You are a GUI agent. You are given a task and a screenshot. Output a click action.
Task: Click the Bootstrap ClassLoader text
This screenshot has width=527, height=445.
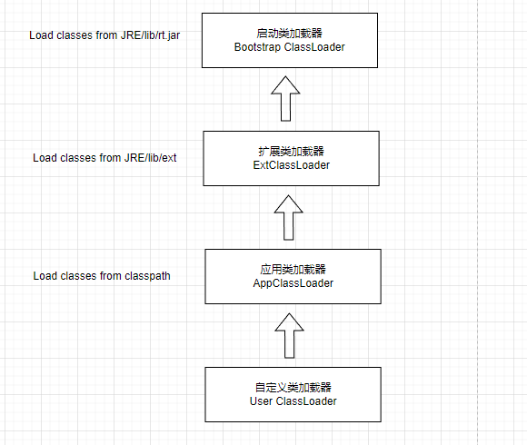pos(289,47)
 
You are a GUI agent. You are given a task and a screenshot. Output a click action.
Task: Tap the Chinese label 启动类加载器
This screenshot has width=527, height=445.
pos(289,33)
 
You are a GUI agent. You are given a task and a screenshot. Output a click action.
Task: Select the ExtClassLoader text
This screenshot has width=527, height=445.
pos(292,165)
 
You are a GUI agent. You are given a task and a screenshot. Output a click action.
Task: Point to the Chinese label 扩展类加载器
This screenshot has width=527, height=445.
pos(291,151)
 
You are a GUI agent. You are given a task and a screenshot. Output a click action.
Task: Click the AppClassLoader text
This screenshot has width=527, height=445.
pos(293,283)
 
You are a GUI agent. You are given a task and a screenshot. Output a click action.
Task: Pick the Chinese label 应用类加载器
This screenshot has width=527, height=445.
pos(293,269)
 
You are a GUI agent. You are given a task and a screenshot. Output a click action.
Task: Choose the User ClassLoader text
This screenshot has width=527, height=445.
pos(293,401)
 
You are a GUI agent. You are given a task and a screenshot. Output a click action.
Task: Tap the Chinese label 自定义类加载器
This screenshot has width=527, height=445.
pos(293,387)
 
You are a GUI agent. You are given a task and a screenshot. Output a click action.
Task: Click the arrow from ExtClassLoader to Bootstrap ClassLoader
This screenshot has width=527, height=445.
pos(285,98)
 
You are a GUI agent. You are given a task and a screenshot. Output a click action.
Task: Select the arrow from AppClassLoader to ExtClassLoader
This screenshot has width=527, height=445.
pos(288,217)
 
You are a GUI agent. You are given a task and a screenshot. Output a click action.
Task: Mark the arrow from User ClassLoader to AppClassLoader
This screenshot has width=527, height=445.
pos(289,335)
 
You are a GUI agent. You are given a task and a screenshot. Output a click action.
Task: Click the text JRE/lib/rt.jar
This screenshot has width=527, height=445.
pos(150,35)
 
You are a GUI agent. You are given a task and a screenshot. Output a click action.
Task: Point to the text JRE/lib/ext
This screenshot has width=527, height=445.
pos(150,157)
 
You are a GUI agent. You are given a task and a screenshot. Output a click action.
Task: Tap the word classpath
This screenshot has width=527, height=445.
pos(147,276)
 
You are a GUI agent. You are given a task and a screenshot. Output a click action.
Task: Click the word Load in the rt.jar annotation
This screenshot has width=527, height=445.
pos(41,35)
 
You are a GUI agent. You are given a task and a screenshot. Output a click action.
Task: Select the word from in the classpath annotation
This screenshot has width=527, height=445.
pos(110,276)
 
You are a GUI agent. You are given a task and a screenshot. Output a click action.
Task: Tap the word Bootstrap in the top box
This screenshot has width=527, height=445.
pos(257,47)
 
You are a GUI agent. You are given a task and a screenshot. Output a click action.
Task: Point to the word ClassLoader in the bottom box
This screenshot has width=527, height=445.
pos(306,401)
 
